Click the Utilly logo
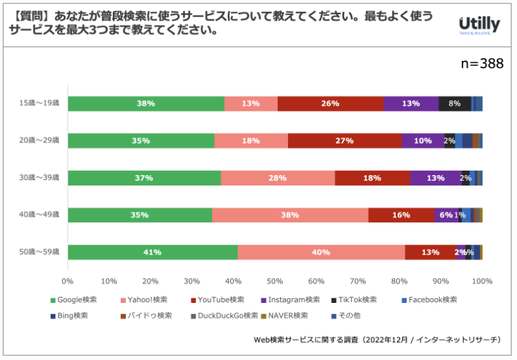[479, 26]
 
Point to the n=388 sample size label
[482, 64]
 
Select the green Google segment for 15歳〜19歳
[146, 104]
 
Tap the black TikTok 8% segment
[455, 104]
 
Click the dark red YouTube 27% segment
[344, 140]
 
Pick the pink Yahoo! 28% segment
[278, 178]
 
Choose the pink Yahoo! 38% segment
[290, 215]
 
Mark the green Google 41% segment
[152, 252]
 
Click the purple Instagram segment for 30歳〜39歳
[436, 178]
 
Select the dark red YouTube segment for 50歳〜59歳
[430, 252]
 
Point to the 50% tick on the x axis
[275, 281]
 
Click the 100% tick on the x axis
[482, 281]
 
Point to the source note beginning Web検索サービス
[377, 340]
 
